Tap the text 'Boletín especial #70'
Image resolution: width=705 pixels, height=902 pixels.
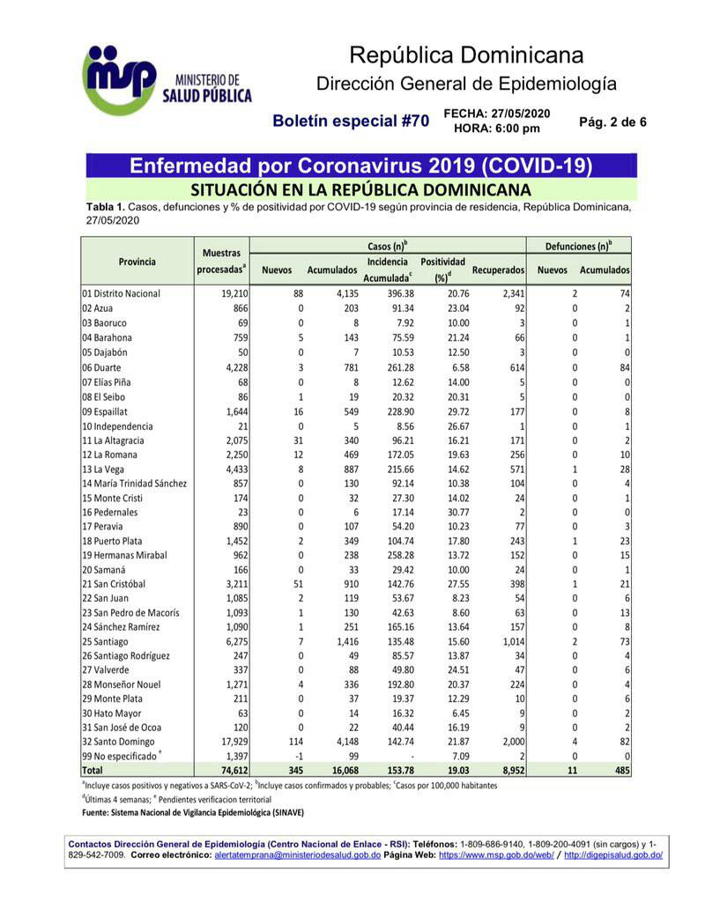350,121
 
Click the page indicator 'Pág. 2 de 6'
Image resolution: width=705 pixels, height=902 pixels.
612,122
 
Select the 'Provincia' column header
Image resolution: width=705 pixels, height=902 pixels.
137,262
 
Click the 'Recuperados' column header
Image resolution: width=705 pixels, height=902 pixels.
498,269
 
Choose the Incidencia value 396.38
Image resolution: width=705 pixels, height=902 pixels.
391,292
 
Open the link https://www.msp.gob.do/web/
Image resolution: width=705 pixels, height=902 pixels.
496,855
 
